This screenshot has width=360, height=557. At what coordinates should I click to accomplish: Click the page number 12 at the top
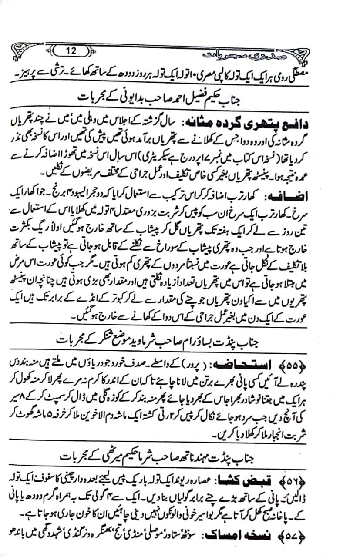(x=71, y=51)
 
